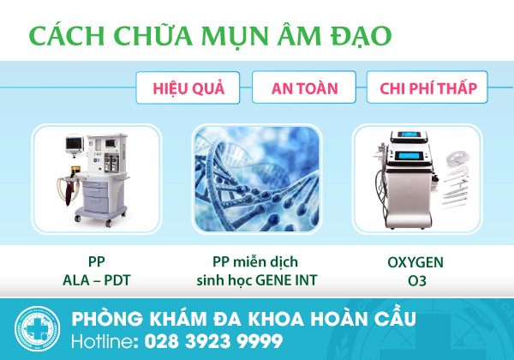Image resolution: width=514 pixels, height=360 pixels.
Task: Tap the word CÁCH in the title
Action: tap(67, 35)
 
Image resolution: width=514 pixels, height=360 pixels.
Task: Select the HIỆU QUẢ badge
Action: tap(188, 88)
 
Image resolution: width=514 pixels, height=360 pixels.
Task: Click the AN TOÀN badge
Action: tap(304, 87)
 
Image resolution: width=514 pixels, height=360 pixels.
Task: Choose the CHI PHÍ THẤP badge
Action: tap(427, 87)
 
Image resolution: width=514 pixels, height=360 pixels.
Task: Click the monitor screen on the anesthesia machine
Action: tap(75, 144)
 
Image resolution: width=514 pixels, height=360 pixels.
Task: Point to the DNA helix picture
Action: tap(257, 179)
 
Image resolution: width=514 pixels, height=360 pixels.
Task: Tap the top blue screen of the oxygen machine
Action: tap(410, 134)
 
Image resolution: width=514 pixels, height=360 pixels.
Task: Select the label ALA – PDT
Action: tap(96, 280)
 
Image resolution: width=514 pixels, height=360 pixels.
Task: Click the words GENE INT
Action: tap(286, 280)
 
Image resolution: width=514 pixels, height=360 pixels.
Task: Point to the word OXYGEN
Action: tap(415, 262)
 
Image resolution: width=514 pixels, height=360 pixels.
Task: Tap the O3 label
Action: tap(417, 281)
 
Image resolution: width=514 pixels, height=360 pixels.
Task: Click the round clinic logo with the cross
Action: tap(38, 329)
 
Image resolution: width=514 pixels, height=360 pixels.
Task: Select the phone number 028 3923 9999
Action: tap(213, 341)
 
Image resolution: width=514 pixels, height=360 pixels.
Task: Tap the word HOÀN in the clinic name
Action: tap(339, 319)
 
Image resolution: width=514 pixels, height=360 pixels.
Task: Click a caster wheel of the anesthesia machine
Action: tap(108, 224)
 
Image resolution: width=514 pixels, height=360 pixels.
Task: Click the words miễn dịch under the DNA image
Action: tap(266, 262)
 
